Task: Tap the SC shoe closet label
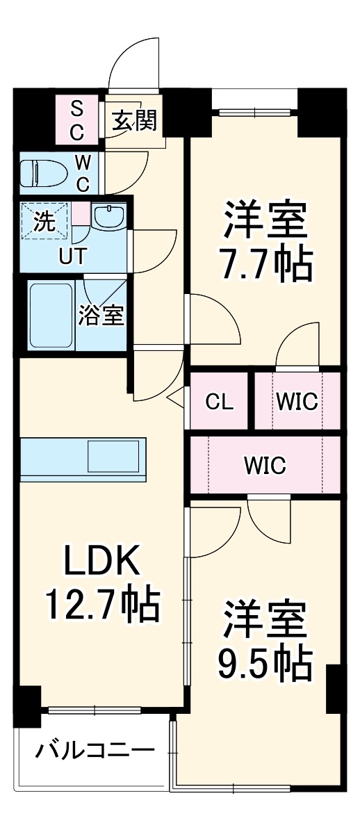coord(77,120)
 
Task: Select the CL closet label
coord(219,402)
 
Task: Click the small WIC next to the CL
coord(297,402)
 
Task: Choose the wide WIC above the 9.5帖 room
coord(264,465)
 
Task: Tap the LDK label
coord(103,562)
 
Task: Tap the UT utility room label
coord(73,256)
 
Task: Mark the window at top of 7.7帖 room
coord(254,111)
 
